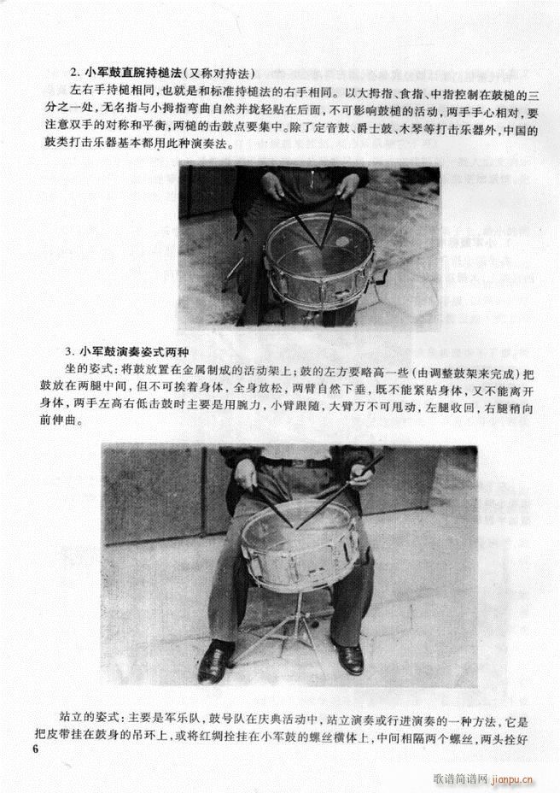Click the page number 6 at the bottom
(34, 749)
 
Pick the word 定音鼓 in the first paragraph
(345, 132)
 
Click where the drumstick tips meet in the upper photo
(322, 245)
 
